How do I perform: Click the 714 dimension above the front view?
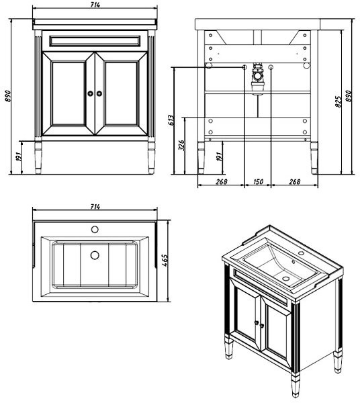[x=95, y=5]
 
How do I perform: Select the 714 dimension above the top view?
[x=95, y=206]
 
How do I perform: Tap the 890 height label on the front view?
[x=8, y=96]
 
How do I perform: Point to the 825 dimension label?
[x=338, y=102]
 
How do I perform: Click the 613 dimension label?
[x=171, y=120]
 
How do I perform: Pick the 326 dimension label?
[x=181, y=146]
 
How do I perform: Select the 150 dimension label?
[x=258, y=181]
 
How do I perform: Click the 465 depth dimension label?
[x=165, y=261]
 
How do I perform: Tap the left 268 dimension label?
[x=222, y=181]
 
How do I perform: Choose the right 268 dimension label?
[x=294, y=181]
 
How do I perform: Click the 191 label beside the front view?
[x=19, y=156]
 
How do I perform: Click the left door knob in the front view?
[x=90, y=93]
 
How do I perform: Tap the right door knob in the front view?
[x=99, y=93]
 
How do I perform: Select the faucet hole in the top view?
[x=95, y=230]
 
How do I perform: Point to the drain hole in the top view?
[x=95, y=255]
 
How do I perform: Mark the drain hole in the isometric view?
[x=285, y=278]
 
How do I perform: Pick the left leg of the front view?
[x=38, y=156]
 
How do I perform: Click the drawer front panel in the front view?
[x=95, y=41]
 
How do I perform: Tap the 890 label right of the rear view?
[x=349, y=96]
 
